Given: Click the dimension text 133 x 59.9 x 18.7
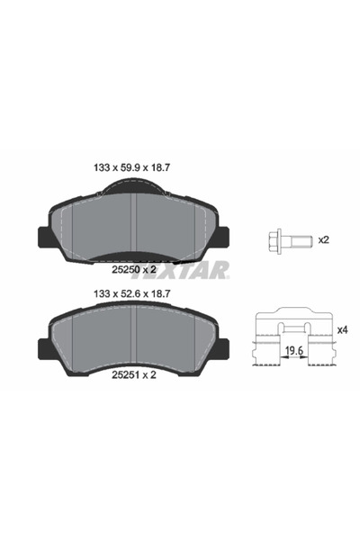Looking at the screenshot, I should point(133,166).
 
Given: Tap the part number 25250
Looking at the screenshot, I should point(123,267).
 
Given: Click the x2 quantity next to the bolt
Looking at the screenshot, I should point(325,239).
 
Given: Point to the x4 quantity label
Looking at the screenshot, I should point(343,330).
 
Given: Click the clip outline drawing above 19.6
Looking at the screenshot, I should point(293,328).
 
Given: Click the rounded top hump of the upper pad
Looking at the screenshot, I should point(133,185).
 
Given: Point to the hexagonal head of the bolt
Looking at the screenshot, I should point(275,239).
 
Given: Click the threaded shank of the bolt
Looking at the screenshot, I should point(301,239).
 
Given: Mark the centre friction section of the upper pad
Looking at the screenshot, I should point(133,225).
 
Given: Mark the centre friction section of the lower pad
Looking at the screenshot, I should point(133,337).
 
